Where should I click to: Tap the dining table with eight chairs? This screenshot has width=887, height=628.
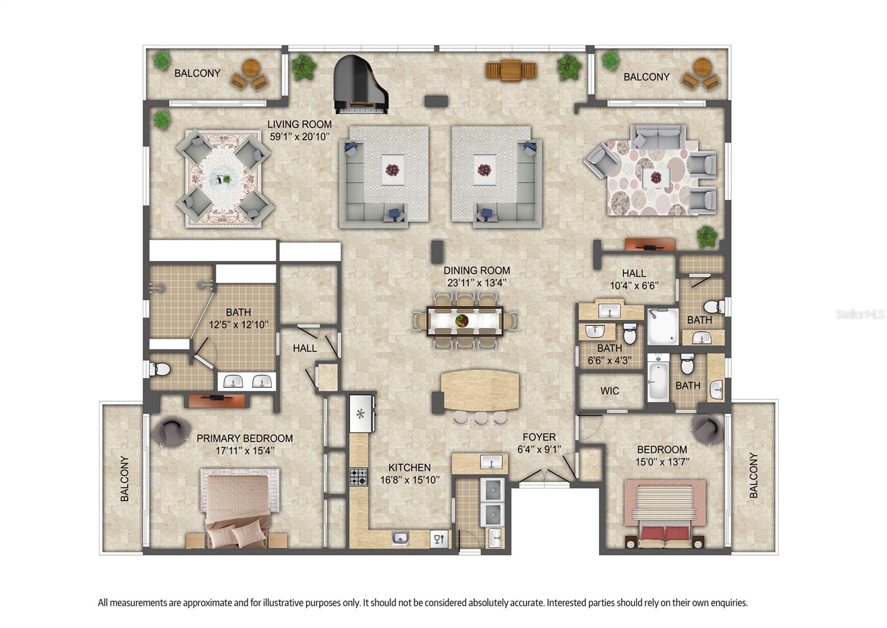point(465,320)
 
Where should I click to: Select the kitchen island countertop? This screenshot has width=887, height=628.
point(480,390)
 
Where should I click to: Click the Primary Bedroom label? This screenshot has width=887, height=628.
point(244,438)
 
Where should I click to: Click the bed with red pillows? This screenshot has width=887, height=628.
point(665,513)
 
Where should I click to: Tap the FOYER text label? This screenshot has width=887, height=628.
point(539,437)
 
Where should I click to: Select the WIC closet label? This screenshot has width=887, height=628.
point(609,391)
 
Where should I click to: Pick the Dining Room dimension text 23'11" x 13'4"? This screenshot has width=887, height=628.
point(477,283)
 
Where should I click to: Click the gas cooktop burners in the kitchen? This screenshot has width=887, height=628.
point(358,477)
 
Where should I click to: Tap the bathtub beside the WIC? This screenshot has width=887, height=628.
point(658,381)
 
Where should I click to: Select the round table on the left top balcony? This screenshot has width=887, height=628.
point(251,68)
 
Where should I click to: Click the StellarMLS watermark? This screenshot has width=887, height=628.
point(860,314)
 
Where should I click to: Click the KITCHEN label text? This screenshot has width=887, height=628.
point(409,468)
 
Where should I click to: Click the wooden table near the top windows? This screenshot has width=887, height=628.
point(511,70)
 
